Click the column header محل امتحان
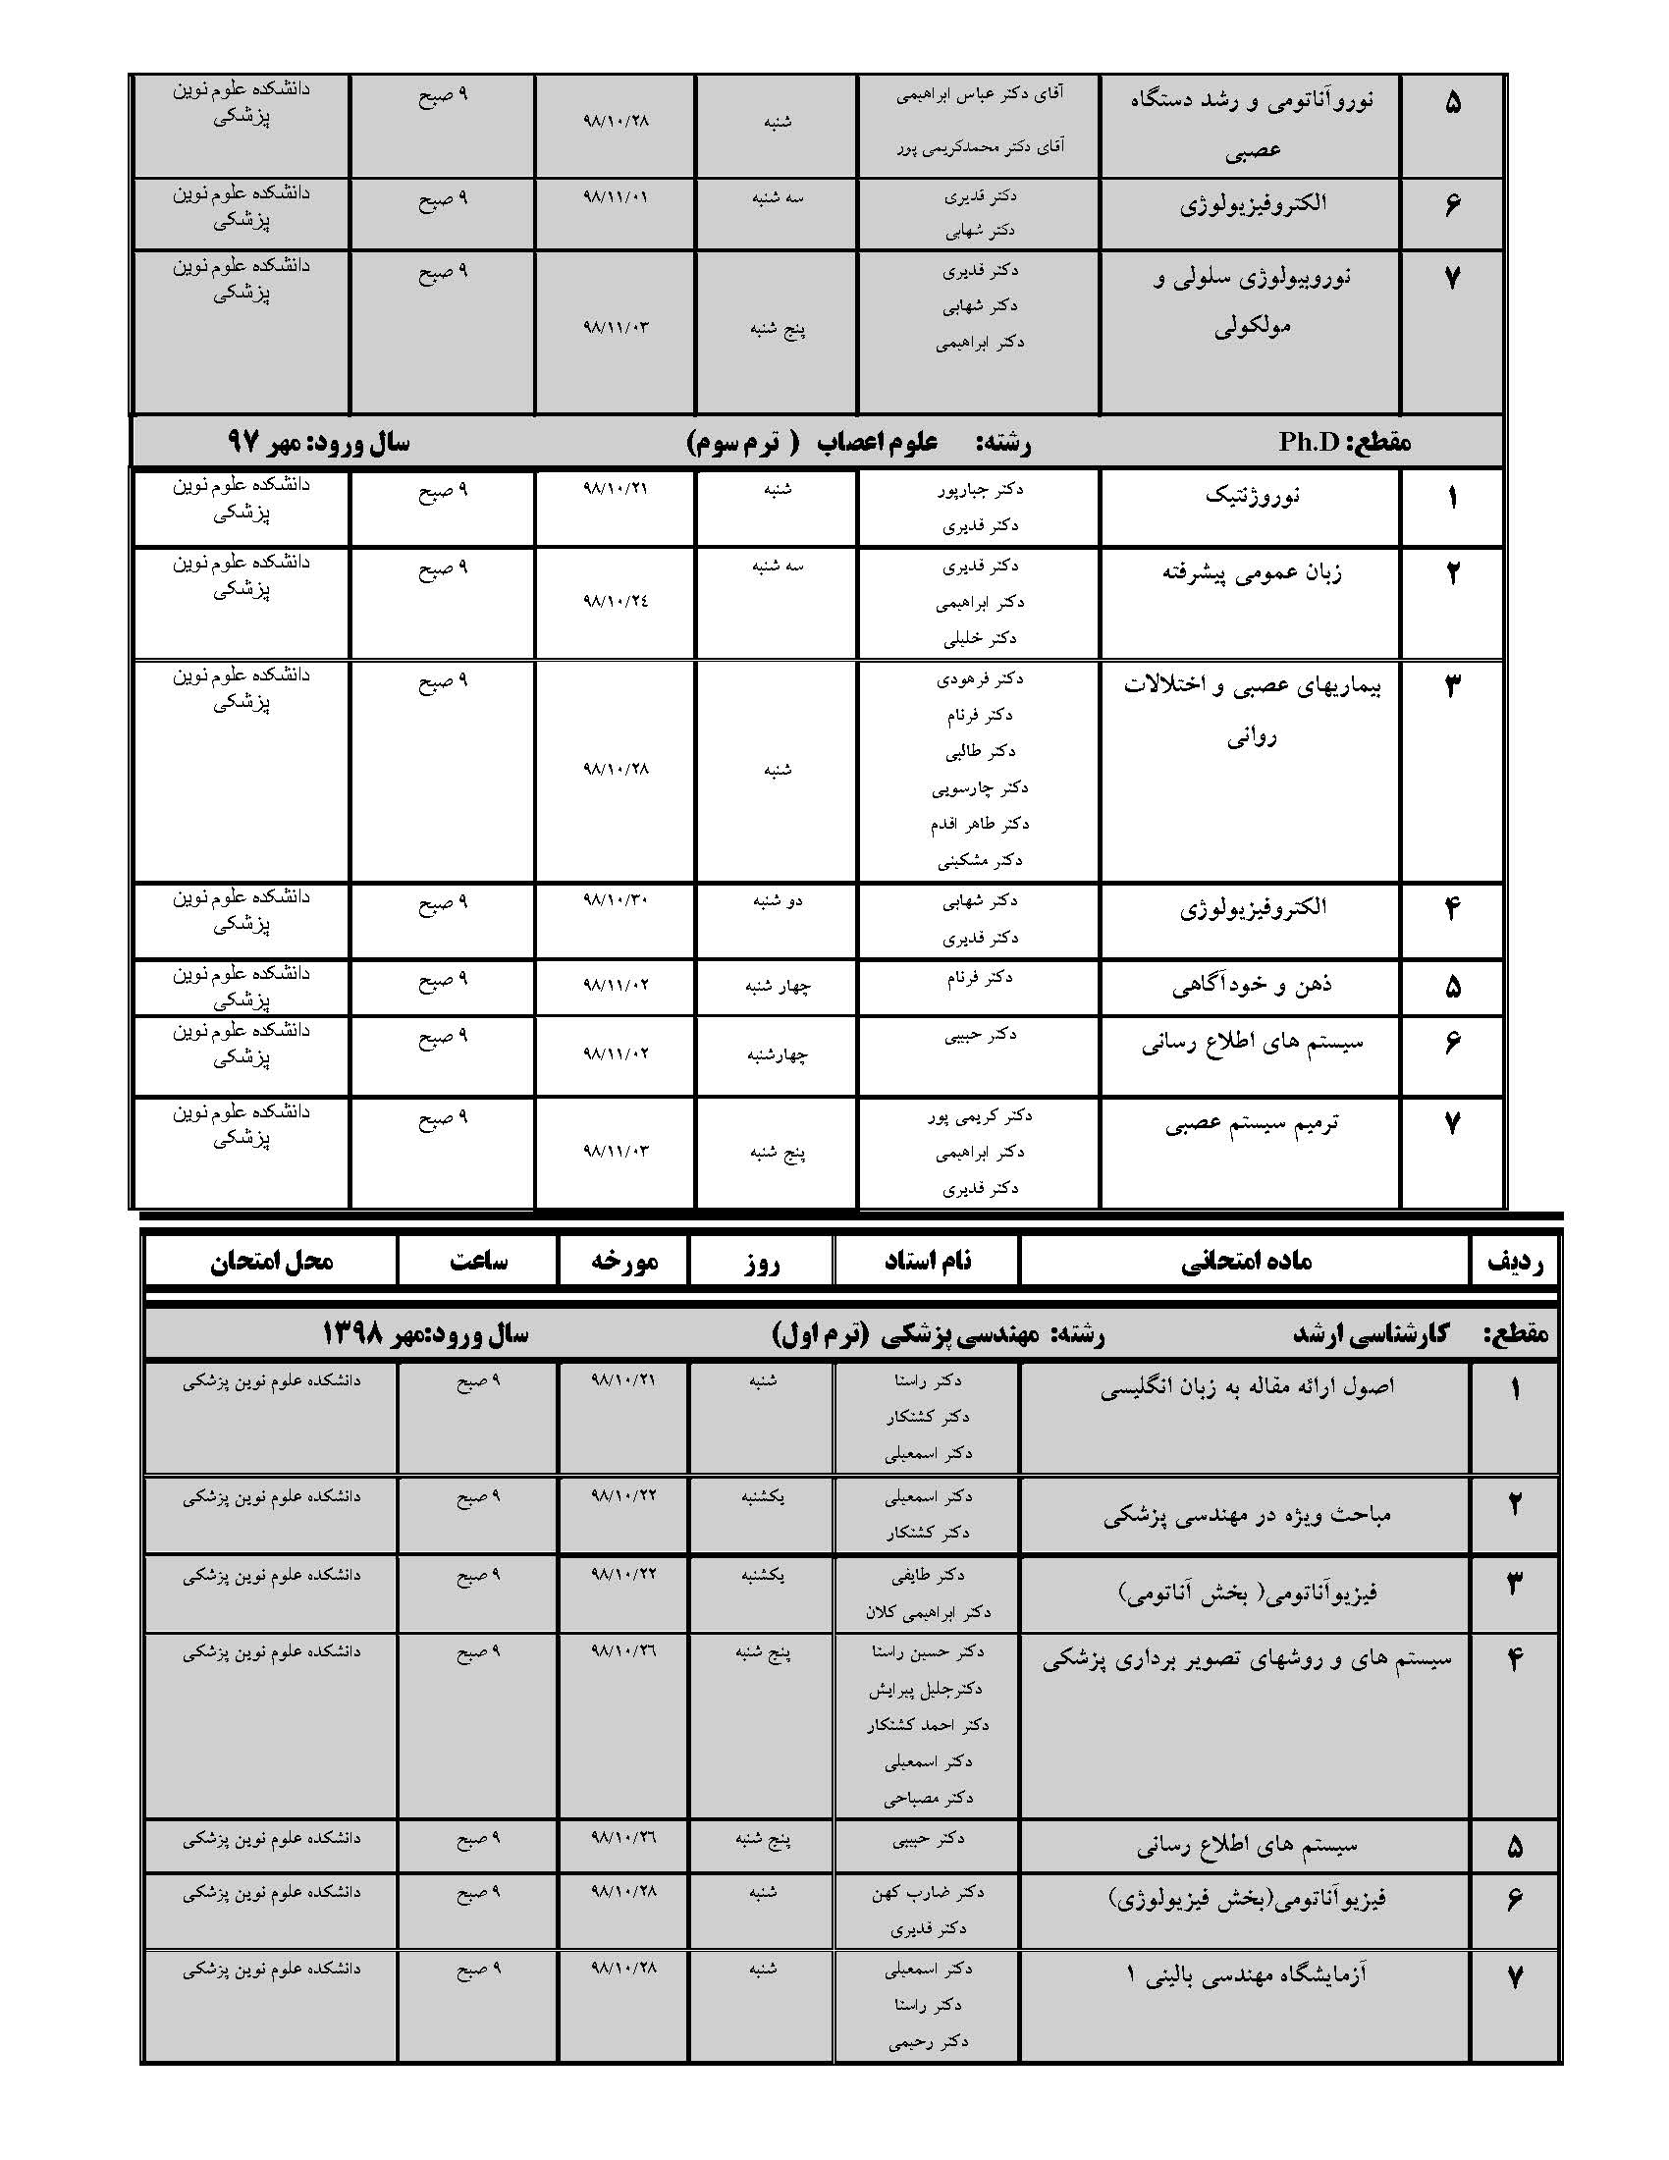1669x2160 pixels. coord(271,1261)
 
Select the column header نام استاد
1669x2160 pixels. coord(928,1261)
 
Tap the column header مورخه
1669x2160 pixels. coord(623,1261)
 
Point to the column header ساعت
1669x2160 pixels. coord(478,1261)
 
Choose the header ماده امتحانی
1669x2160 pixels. coord(1246,1261)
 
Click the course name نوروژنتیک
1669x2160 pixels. coord(1252,496)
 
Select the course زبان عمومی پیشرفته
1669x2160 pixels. coord(1252,572)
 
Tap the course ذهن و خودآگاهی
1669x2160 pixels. coord(1252,985)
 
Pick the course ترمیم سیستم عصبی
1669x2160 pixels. coord(1252,1123)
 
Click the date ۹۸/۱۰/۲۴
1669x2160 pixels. coord(615,600)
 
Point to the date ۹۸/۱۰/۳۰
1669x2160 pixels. coord(615,900)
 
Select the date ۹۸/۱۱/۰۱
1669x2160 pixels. coord(615,196)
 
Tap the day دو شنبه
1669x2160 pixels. coord(778,901)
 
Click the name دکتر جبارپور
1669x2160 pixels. coord(980,489)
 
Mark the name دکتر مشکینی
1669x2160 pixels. coord(980,860)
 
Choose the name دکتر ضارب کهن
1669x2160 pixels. coord(928,1892)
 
